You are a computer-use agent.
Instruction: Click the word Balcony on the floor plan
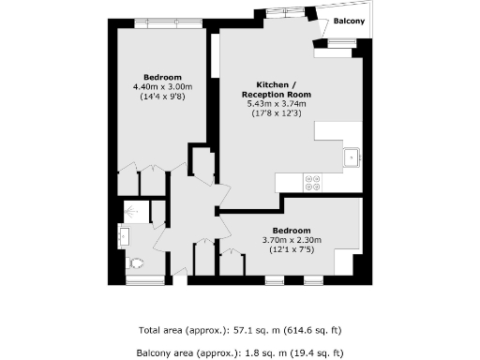[346, 21]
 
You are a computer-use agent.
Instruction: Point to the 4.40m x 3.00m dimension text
[162, 86]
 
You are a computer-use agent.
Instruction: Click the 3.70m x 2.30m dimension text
[291, 240]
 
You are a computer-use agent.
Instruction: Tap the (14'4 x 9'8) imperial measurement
[162, 97]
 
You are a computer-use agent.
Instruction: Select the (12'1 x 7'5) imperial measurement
[291, 249]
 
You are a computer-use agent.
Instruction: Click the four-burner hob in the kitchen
[313, 182]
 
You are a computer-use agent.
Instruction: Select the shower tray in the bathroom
[136, 213]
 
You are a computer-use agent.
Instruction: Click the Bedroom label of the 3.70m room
[291, 230]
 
